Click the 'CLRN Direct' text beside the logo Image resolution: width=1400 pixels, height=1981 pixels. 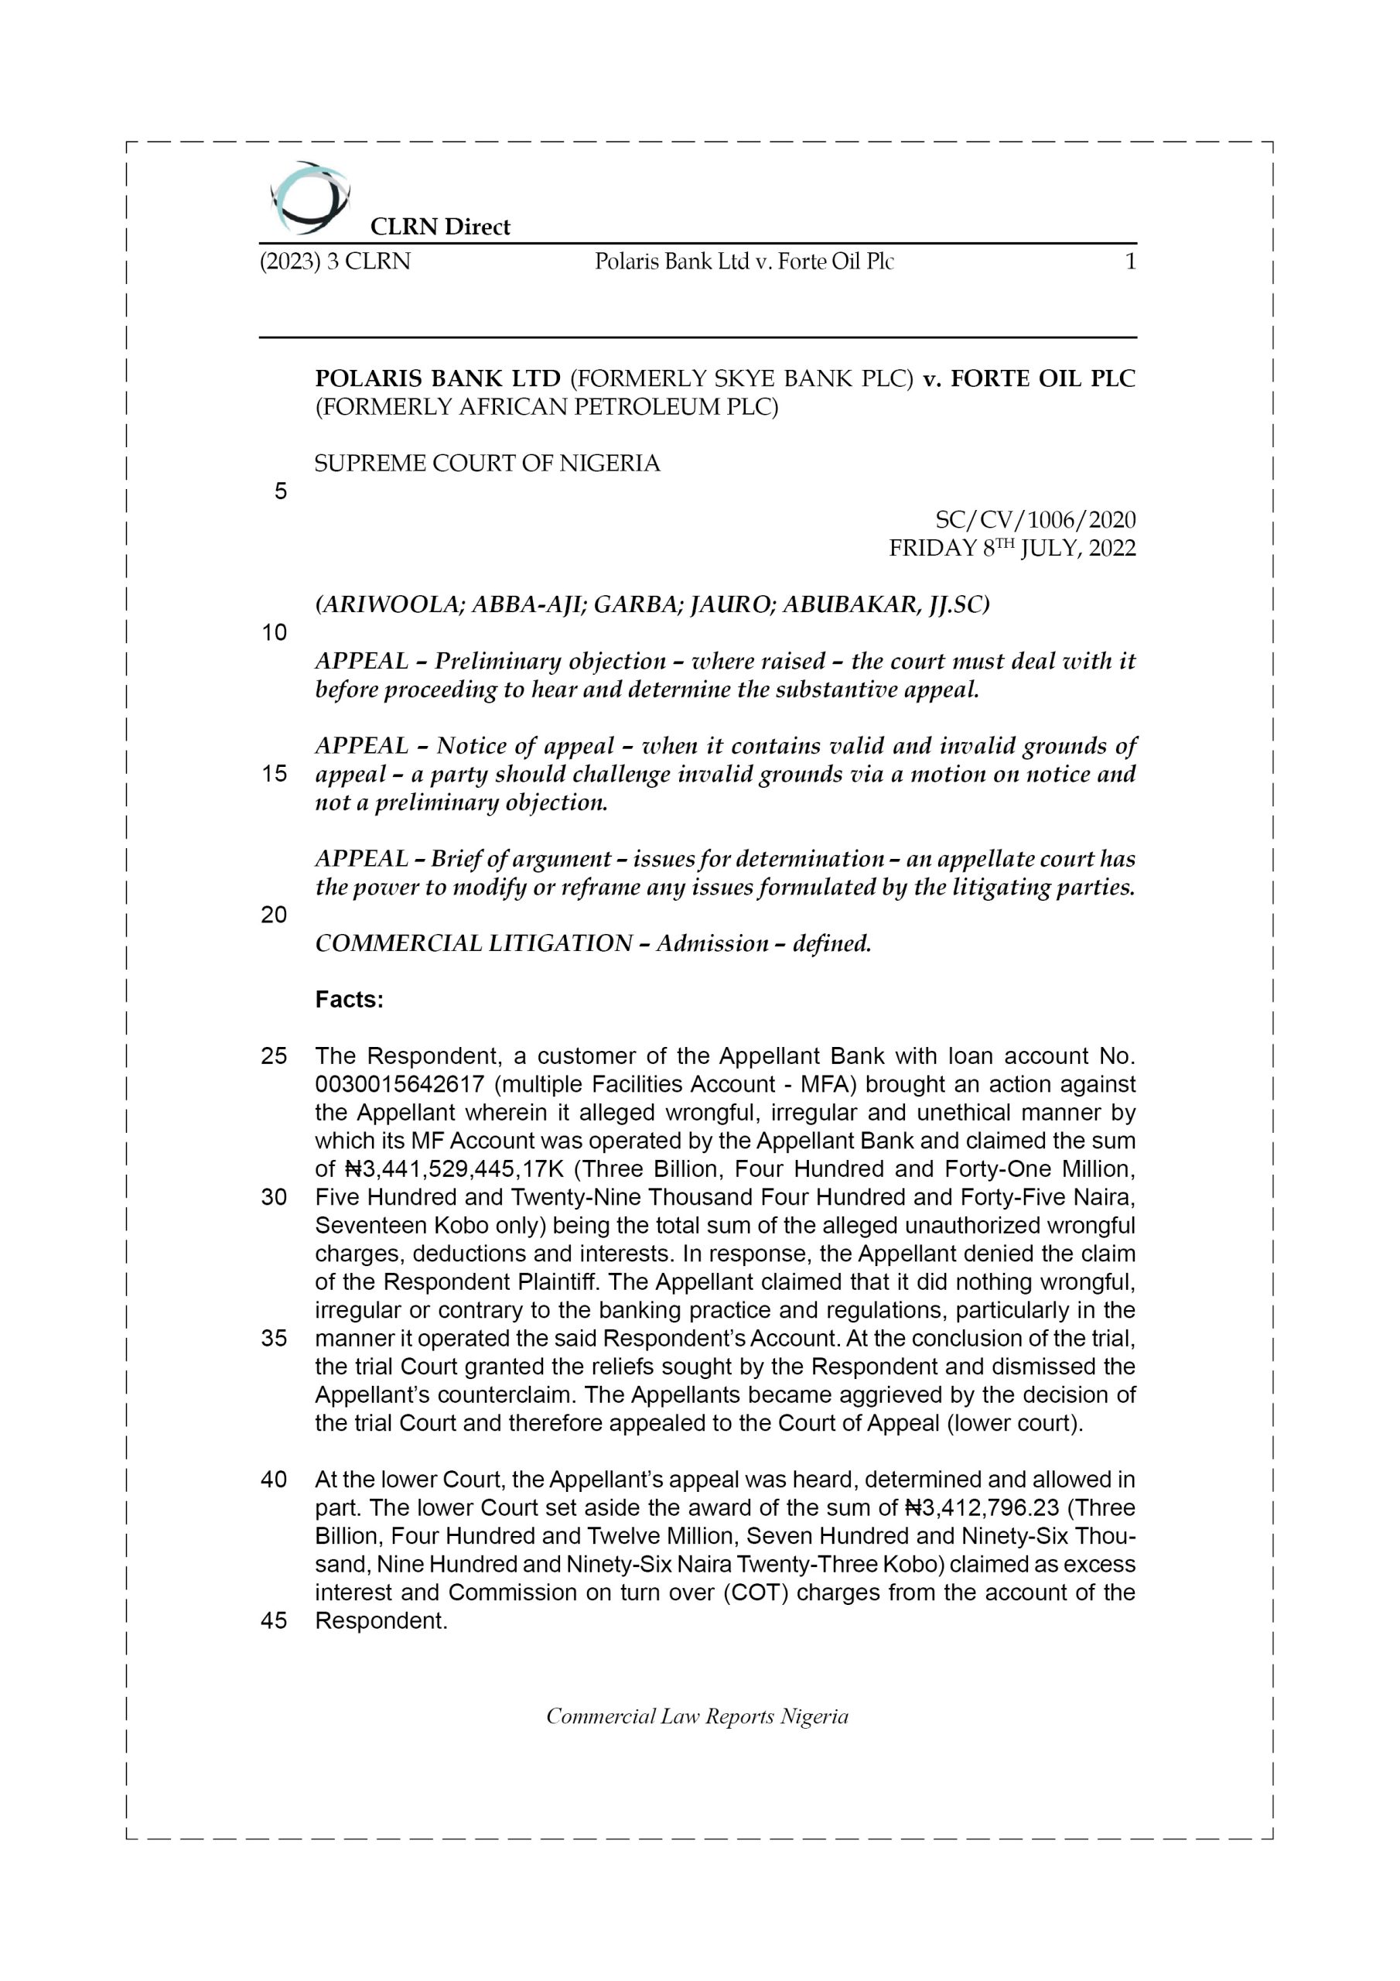point(440,227)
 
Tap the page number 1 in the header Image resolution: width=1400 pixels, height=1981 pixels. point(1130,262)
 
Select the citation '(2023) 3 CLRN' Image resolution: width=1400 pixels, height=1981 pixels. point(336,262)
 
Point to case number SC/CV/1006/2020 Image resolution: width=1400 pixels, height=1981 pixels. point(1035,519)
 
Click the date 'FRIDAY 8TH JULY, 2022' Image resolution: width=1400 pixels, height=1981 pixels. point(1012,548)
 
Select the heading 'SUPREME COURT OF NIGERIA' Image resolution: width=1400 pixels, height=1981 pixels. point(487,464)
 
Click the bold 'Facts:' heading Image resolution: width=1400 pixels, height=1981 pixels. point(350,999)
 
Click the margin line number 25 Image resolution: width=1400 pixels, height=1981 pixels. point(275,1056)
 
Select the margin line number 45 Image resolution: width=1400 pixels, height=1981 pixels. point(275,1620)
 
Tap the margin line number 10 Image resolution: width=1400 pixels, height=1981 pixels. point(275,632)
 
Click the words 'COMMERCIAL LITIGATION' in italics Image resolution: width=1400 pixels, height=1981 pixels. point(473,943)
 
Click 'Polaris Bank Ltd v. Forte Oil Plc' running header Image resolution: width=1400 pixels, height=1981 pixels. point(743,262)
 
